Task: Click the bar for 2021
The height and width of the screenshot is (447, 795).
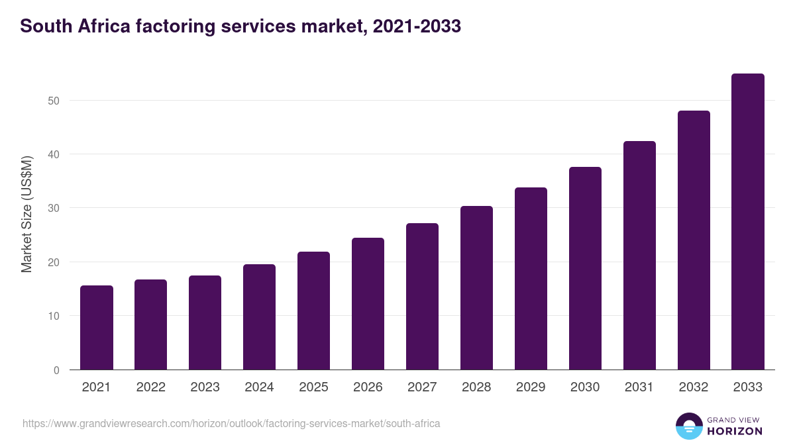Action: click(x=97, y=328)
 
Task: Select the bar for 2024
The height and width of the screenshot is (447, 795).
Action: click(x=259, y=317)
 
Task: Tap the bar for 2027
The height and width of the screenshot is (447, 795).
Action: click(x=422, y=297)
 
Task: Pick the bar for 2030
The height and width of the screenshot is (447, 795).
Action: click(x=585, y=268)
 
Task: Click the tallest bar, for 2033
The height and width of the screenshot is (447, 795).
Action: click(x=748, y=222)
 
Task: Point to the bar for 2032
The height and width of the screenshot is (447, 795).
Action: click(x=694, y=240)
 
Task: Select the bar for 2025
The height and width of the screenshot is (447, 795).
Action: click(x=313, y=311)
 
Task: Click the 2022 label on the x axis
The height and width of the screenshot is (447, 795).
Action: click(x=150, y=387)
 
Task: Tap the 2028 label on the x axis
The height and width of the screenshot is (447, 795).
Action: click(x=476, y=387)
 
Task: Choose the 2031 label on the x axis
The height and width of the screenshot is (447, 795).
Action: click(x=639, y=387)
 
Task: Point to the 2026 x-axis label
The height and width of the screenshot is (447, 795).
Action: click(x=368, y=387)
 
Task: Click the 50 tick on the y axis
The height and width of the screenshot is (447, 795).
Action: click(x=54, y=101)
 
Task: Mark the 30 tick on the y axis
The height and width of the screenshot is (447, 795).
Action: click(x=54, y=209)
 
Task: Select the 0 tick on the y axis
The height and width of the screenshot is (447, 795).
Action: click(x=56, y=370)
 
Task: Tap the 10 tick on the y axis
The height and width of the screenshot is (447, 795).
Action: click(x=54, y=316)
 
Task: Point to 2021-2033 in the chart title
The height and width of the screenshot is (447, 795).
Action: click(x=417, y=26)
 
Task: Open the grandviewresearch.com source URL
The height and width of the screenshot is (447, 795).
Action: click(x=231, y=423)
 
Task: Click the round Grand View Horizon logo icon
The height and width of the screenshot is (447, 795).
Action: click(x=688, y=426)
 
